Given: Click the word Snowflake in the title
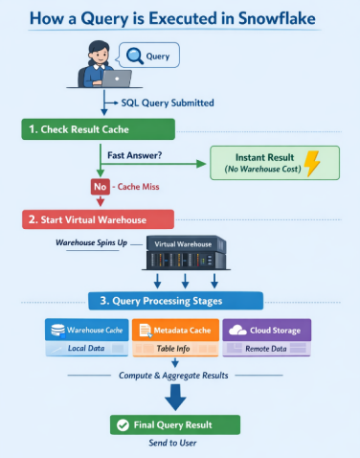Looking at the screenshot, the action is (277, 18).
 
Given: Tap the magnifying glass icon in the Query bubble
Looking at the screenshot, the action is (134, 56).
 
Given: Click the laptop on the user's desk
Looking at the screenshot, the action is (117, 79).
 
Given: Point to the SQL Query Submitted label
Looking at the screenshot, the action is (168, 103).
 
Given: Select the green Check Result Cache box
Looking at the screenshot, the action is (99, 129).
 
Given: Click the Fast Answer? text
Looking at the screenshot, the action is (135, 155).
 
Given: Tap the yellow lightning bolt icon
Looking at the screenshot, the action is (311, 163).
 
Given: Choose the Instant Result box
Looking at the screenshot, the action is (275, 163).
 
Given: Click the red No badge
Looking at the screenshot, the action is (101, 187).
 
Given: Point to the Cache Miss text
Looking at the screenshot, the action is (138, 187).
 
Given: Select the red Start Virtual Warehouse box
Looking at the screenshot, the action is (98, 219).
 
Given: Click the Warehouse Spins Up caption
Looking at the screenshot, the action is (92, 242).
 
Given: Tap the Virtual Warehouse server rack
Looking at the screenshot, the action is (187, 253).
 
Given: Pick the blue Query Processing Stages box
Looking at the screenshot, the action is (176, 301).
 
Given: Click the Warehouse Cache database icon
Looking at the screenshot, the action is (57, 330).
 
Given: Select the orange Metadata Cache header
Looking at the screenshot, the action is (175, 330).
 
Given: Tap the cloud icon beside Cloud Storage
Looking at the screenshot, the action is (237, 330).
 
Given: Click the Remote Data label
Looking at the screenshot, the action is (266, 349).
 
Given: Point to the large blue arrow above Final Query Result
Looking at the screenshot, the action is (175, 398).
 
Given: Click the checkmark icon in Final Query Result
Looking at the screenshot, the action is (123, 425).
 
